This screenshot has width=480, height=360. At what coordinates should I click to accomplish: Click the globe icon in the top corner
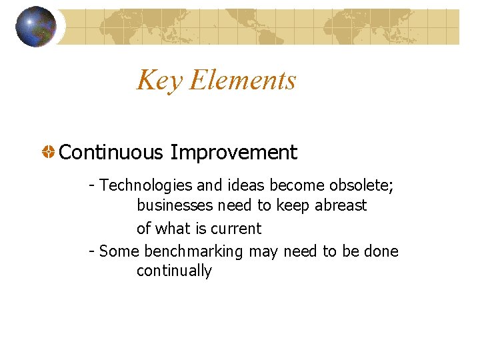[x=36, y=26]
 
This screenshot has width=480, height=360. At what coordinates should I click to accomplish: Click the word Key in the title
[x=160, y=81]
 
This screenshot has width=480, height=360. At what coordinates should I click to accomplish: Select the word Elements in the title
[x=243, y=80]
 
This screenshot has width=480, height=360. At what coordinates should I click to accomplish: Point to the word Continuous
[x=111, y=152]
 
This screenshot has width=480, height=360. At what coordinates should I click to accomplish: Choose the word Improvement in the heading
[x=233, y=153]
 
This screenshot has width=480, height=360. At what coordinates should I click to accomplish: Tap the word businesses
[x=176, y=205]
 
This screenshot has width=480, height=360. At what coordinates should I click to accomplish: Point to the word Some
[x=119, y=251]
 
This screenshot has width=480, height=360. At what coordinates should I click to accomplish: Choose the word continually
[x=174, y=271]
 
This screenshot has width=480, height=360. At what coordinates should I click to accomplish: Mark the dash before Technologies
[x=92, y=185]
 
